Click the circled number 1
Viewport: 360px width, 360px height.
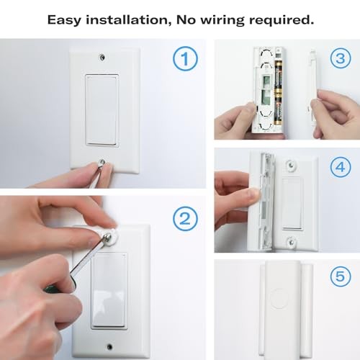(186, 60)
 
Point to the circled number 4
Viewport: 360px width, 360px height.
(339, 166)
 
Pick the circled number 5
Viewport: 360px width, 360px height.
(339, 276)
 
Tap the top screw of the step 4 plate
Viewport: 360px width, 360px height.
(291, 165)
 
